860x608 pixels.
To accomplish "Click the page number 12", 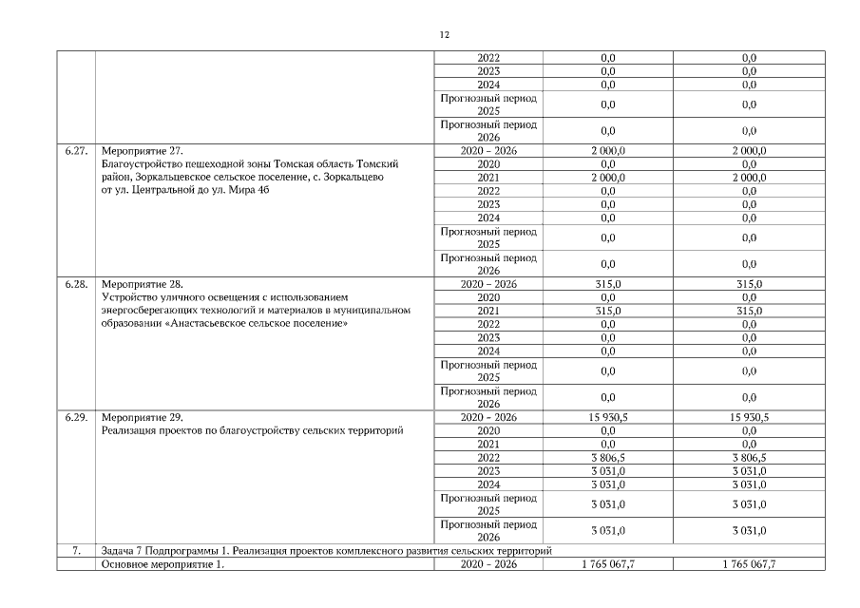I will pyautogui.click(x=444, y=35).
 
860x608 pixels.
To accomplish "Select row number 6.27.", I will pyautogui.click(x=77, y=150).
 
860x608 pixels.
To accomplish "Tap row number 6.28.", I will pyautogui.click(x=77, y=284).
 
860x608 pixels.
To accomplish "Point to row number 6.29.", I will pyautogui.click(x=77, y=417).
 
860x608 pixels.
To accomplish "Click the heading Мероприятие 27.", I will pyautogui.click(x=141, y=150).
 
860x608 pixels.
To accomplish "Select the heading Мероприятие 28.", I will pyautogui.click(x=141, y=284).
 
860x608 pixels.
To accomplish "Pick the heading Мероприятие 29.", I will pyautogui.click(x=141, y=417).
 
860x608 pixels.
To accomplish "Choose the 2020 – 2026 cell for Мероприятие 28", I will pyautogui.click(x=487, y=284).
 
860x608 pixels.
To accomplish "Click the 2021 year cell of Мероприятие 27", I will pyautogui.click(x=487, y=178).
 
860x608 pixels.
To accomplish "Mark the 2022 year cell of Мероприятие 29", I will pyautogui.click(x=487, y=457).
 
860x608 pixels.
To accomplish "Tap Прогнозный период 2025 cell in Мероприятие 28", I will pyautogui.click(x=487, y=370).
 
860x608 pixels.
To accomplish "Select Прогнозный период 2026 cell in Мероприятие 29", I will pyautogui.click(x=487, y=530).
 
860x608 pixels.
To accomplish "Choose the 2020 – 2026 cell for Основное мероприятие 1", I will pyautogui.click(x=487, y=564).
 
